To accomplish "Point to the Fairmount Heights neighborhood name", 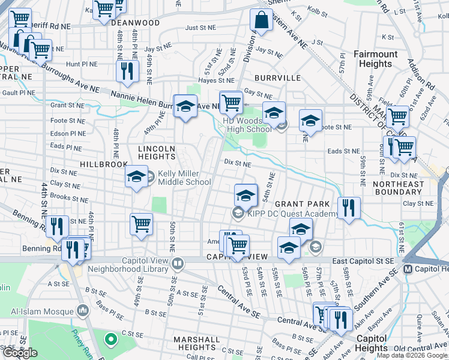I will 376,59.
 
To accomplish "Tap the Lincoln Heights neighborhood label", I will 157,152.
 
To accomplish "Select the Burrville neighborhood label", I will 277,78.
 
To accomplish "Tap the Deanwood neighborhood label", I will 136,23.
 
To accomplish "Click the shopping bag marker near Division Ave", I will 262,20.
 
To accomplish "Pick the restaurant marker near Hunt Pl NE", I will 127,71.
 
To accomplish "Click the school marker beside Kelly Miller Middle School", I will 136,177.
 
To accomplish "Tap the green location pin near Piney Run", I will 110,340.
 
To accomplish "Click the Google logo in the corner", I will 20,353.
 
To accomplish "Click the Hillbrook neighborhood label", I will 105,164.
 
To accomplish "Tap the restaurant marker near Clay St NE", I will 349,208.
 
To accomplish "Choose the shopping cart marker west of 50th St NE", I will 141,224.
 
